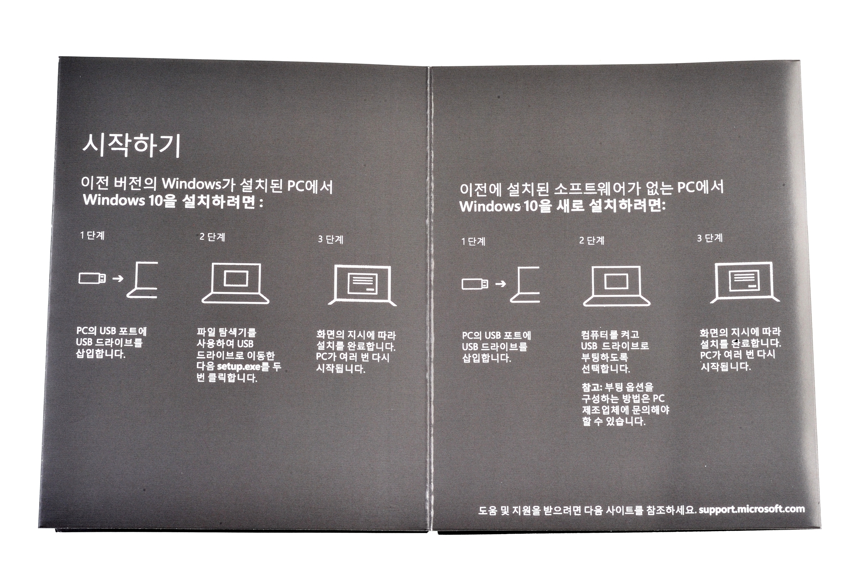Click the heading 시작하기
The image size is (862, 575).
coord(131,146)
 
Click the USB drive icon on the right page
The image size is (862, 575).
coord(475,284)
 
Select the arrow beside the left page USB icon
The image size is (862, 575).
coord(118,279)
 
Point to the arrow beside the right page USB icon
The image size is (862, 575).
coord(501,284)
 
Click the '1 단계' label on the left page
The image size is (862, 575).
coord(92,235)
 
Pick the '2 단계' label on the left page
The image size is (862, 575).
coord(212,237)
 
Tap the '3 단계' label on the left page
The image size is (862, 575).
coord(330,239)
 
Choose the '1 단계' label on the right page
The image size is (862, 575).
coord(473,241)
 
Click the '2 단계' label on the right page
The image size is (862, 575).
coord(592,240)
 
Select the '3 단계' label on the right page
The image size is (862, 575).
coord(710,238)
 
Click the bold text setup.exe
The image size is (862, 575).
coord(238,366)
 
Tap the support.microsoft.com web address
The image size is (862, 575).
coord(752,509)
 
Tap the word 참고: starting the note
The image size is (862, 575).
coord(592,387)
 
